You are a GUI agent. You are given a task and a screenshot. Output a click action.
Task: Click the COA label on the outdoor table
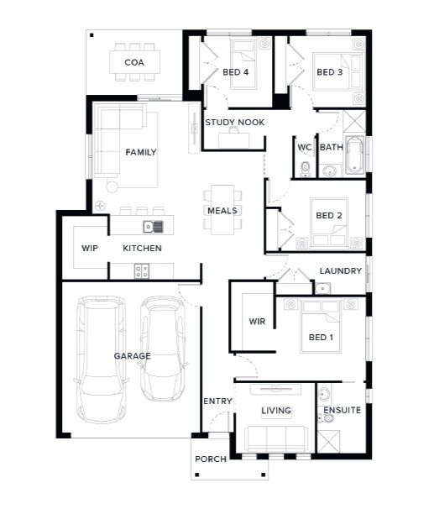tap(134, 62)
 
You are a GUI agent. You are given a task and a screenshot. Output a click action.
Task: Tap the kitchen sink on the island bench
tap(153, 227)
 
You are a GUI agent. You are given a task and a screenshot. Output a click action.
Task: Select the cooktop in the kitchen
tap(142, 271)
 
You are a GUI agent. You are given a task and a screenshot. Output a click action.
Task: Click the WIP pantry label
tap(90, 249)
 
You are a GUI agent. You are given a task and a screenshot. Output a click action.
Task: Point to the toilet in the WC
tap(305, 170)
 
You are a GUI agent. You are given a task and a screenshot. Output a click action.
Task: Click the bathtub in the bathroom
tap(354, 155)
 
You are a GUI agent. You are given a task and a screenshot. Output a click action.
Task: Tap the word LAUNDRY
tap(341, 271)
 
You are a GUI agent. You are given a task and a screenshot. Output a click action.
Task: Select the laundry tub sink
tap(322, 288)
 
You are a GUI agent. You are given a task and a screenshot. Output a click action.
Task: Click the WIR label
tap(257, 322)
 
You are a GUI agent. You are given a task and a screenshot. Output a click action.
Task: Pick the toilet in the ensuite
tap(326, 418)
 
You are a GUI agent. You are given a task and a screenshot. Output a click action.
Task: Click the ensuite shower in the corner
tap(328, 442)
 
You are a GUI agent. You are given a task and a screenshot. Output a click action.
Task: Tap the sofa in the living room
tap(276, 439)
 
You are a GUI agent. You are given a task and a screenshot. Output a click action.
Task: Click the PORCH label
tap(211, 459)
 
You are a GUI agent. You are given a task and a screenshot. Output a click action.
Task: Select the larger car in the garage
tap(101, 359)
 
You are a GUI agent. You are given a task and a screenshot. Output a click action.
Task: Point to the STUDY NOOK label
tap(235, 123)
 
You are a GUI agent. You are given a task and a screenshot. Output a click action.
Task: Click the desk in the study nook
tap(234, 140)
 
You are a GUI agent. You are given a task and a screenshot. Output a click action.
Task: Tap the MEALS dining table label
tap(222, 211)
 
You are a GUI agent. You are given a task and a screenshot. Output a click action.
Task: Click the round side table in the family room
tap(112, 186)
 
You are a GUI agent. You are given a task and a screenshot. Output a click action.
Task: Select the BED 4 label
tap(236, 72)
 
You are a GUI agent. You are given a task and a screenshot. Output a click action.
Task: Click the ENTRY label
tap(217, 401)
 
